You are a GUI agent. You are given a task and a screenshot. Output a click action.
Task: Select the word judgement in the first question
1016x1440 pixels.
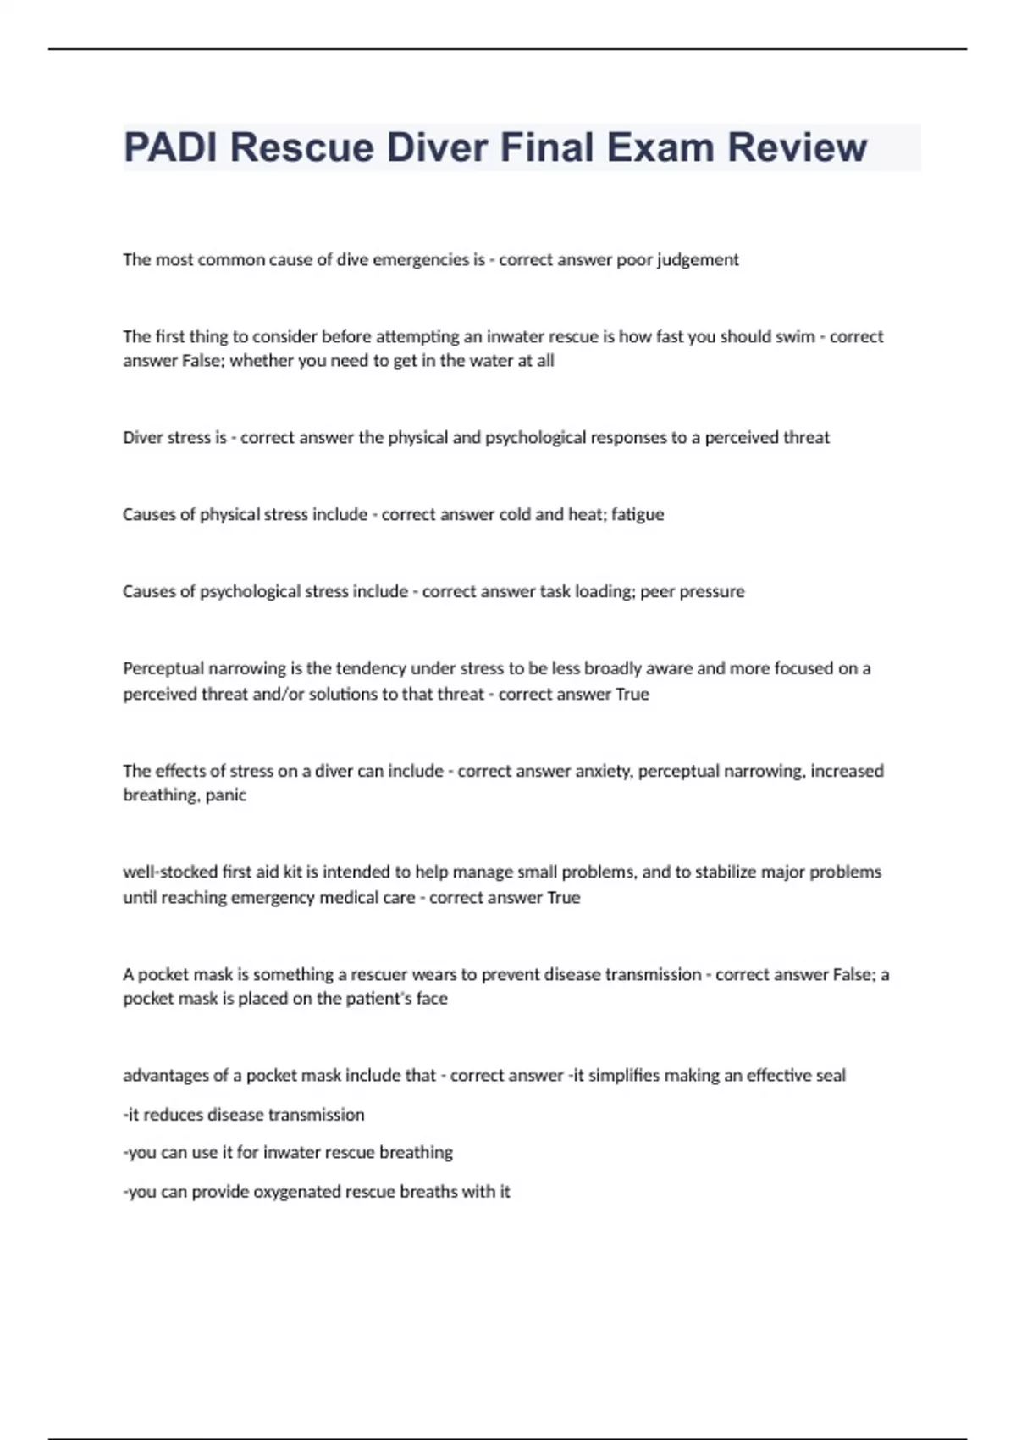click(x=697, y=260)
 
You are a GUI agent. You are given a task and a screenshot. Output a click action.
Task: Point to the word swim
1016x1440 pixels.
click(x=795, y=336)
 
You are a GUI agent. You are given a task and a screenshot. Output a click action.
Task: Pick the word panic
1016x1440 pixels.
click(x=226, y=795)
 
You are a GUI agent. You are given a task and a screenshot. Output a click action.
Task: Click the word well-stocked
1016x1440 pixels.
click(x=169, y=872)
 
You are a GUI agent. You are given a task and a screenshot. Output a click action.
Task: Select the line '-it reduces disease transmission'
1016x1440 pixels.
click(x=244, y=1115)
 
